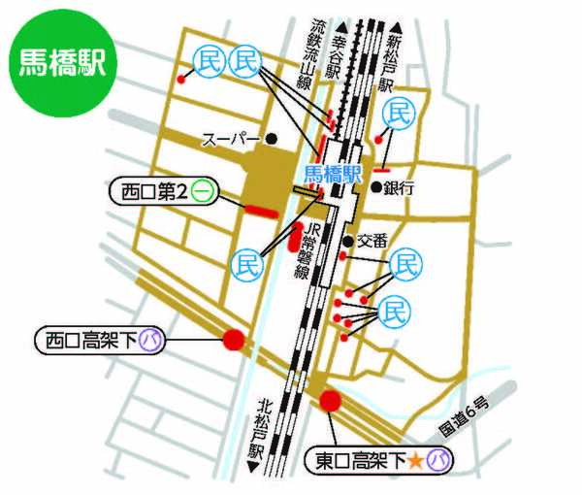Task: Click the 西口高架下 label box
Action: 97,340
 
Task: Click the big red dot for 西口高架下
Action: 234,340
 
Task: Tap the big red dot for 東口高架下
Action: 331,400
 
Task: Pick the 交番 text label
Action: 372,240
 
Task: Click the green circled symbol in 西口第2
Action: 203,191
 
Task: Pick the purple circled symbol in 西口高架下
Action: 149,340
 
